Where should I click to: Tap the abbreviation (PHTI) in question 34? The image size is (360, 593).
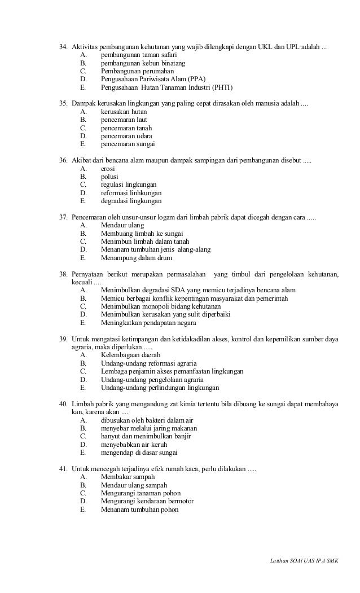click(x=221, y=89)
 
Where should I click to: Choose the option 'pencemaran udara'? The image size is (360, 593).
click(x=126, y=136)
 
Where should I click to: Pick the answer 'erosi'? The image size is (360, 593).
click(x=108, y=169)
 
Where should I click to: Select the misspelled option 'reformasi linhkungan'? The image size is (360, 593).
click(x=131, y=193)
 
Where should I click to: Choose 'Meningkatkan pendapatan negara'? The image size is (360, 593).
click(x=148, y=323)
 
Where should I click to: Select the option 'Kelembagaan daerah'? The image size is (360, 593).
click(x=130, y=355)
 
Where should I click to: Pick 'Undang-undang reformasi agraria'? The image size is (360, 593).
click(x=152, y=364)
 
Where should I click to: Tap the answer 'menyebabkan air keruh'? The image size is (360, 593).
click(x=134, y=445)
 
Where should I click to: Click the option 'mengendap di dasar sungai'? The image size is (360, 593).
click(x=139, y=453)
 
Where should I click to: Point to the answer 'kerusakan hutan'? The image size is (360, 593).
click(x=124, y=112)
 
